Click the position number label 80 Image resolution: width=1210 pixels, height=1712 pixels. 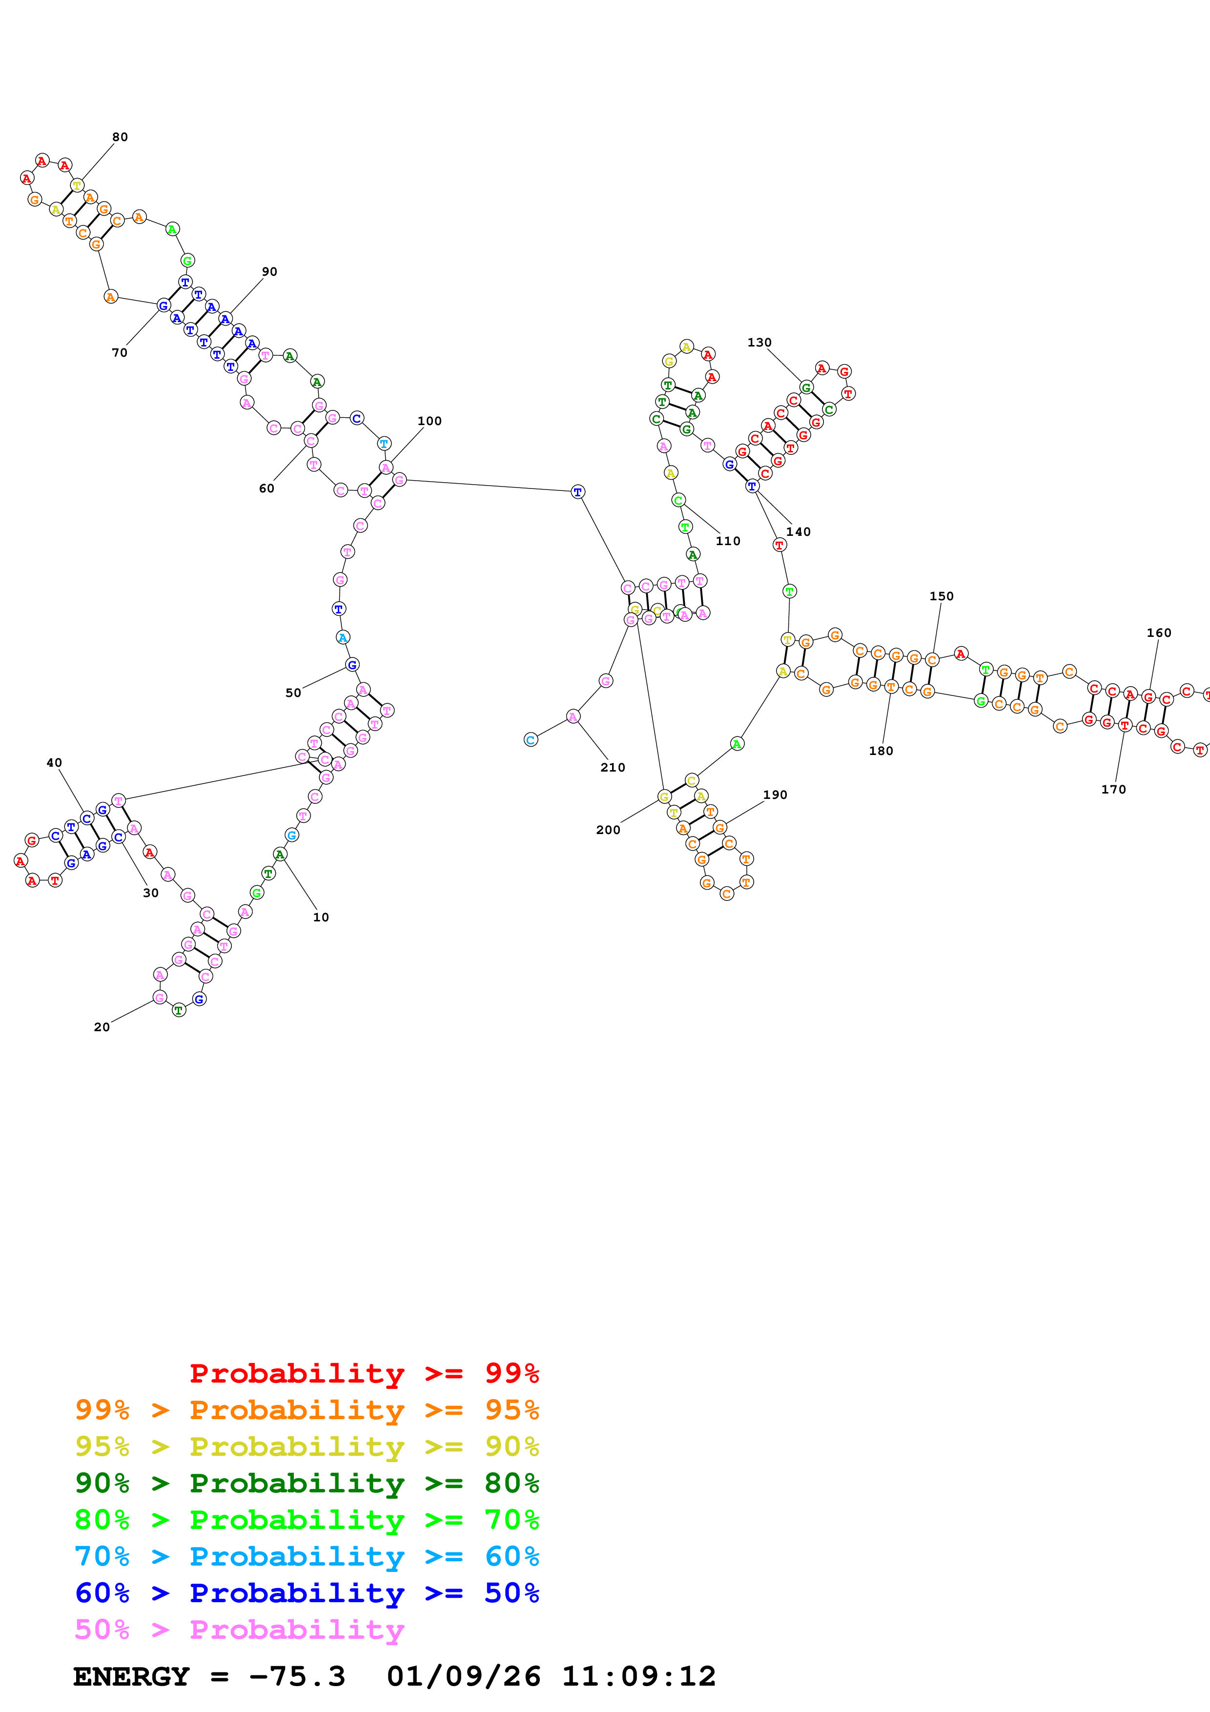pyautogui.click(x=120, y=137)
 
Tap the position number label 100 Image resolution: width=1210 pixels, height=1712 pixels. pyautogui.click(x=430, y=421)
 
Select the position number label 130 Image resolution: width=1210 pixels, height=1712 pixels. pyautogui.click(x=759, y=343)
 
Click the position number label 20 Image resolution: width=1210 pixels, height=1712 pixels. pyautogui.click(x=102, y=1027)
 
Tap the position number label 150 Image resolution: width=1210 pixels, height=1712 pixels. pyautogui.click(x=941, y=596)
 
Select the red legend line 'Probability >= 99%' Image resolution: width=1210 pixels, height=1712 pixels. pyautogui.click(x=364, y=1373)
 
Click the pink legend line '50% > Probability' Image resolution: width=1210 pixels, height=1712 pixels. pyautogui.click(x=239, y=1630)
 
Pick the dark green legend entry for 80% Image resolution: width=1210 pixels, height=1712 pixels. pyautogui.click(x=307, y=1483)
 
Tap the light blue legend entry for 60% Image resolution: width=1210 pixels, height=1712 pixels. pyautogui.click(x=307, y=1557)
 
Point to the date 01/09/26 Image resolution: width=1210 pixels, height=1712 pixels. pyautogui.click(x=463, y=1676)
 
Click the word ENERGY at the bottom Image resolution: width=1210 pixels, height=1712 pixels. pyautogui.click(x=131, y=1676)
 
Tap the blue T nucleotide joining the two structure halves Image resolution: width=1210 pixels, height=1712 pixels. pyautogui.click(x=578, y=492)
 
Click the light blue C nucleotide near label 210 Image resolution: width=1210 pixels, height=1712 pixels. pyautogui.click(x=530, y=740)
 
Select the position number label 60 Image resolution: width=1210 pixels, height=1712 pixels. pyautogui.click(x=266, y=489)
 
